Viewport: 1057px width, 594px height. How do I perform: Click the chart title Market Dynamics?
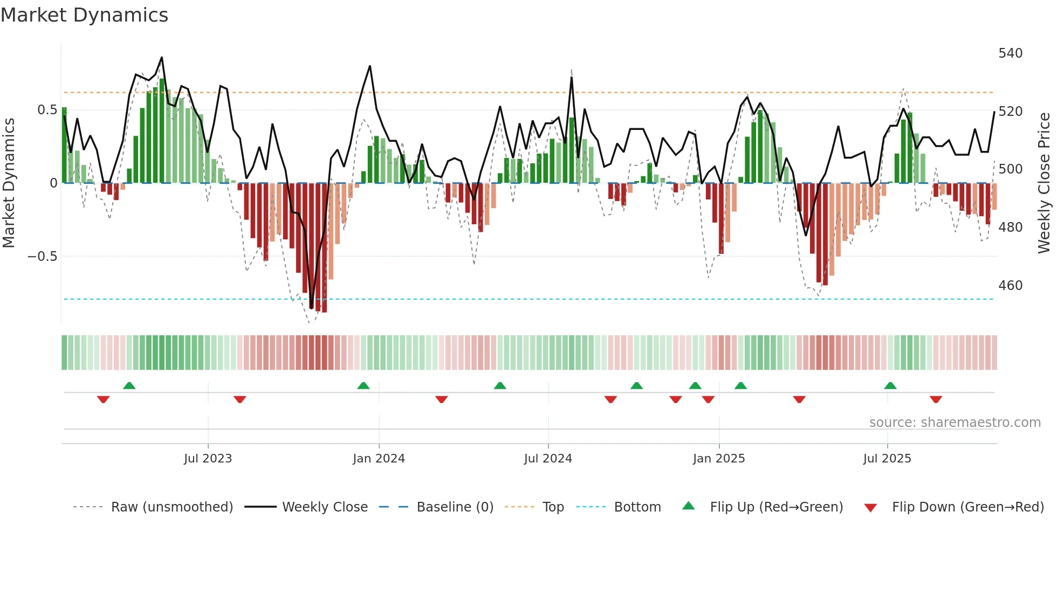84,15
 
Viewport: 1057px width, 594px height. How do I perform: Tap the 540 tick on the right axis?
1010,53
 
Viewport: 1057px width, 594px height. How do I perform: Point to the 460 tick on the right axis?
1010,285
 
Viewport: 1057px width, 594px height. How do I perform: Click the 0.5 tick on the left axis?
47,110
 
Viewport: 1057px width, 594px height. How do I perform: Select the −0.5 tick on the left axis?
42,256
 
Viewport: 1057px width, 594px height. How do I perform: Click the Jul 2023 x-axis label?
208,458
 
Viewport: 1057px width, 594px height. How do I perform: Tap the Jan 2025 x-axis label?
718,458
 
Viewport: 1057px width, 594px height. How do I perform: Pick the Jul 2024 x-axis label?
547,458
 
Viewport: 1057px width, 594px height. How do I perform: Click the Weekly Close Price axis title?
1044,183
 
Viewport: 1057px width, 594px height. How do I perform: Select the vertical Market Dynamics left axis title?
9,183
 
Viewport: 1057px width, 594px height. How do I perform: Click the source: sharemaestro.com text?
955,422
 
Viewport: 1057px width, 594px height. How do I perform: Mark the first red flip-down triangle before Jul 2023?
104,399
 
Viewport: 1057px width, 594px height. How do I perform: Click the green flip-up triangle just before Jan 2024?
363,385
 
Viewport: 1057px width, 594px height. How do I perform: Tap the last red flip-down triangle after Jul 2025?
936,399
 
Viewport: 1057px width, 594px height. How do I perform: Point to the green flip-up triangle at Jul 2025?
890,385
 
